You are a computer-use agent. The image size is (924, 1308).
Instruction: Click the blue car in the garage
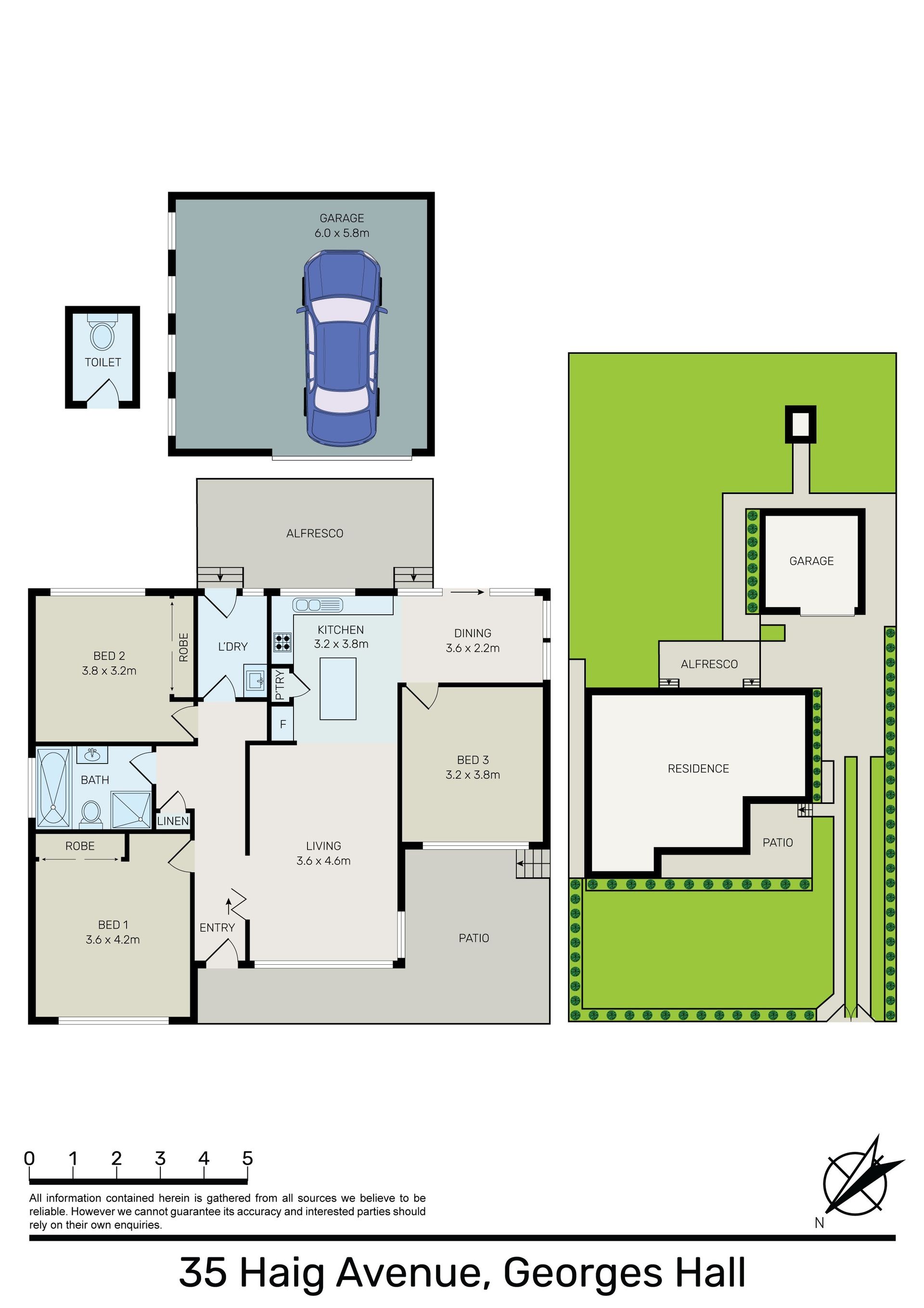(x=341, y=349)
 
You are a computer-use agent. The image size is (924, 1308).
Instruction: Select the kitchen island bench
(x=338, y=689)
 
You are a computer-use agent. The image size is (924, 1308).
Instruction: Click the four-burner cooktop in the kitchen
(x=282, y=643)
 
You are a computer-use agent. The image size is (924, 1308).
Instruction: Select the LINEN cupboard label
(x=173, y=821)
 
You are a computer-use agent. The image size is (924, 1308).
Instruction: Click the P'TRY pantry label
(x=280, y=685)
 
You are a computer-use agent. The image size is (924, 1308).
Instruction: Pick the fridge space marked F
(x=282, y=725)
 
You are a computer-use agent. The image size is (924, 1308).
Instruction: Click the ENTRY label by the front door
(x=217, y=928)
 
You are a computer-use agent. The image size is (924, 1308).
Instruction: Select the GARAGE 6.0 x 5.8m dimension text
(x=342, y=233)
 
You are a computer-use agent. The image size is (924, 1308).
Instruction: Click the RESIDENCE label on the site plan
(x=698, y=769)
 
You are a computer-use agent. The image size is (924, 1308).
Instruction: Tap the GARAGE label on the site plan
(x=811, y=561)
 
